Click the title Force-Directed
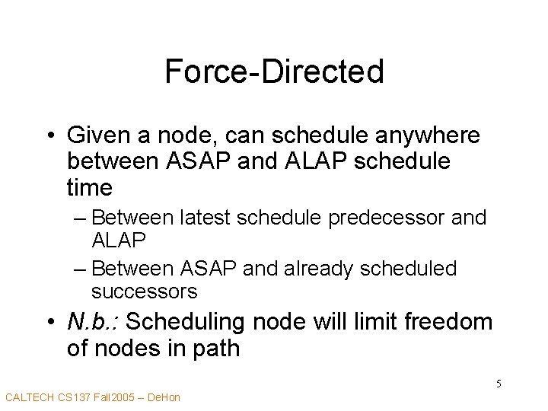274,72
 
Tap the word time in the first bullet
90,187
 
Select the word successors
144,291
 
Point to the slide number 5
499,384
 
